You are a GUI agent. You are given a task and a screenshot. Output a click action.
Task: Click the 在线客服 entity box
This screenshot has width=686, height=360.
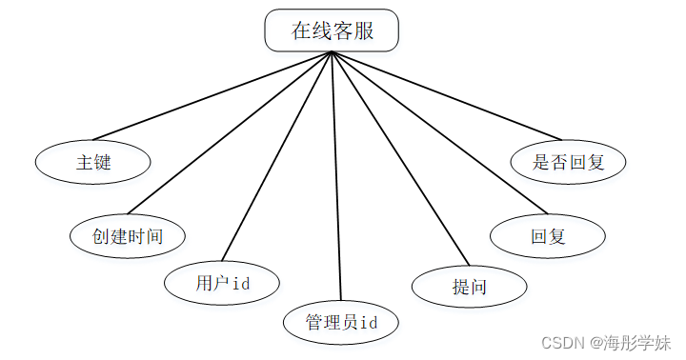(331, 30)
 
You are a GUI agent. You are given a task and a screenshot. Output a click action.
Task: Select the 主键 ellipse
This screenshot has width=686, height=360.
(93, 162)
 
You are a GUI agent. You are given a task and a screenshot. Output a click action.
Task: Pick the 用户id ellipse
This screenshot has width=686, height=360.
(222, 283)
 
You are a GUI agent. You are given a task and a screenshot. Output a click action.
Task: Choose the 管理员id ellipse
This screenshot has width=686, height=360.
(341, 322)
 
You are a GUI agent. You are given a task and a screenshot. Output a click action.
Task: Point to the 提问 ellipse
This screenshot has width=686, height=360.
(470, 286)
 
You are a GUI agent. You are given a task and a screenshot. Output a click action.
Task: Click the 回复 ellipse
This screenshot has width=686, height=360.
(548, 235)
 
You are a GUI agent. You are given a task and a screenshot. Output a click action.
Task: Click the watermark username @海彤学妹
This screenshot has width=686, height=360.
(629, 342)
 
